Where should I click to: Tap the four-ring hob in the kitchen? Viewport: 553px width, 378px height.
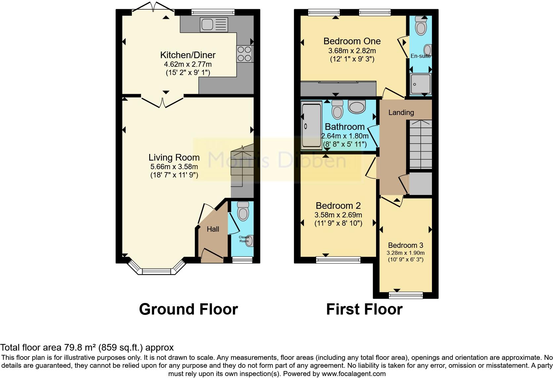(x=244, y=54)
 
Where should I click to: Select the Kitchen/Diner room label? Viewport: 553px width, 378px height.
(x=188, y=55)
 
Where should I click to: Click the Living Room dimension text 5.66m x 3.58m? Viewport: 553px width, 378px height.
(x=174, y=167)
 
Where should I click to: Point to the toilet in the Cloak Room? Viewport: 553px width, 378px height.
(x=243, y=211)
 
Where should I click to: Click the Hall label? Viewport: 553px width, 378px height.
(x=213, y=229)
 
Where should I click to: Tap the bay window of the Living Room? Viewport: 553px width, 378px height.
(x=156, y=271)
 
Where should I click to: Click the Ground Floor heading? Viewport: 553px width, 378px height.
(x=188, y=309)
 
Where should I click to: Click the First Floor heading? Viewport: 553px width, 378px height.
(x=364, y=309)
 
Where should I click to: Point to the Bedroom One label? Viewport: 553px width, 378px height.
(x=352, y=41)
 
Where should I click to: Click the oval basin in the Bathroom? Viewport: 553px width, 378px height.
(x=357, y=107)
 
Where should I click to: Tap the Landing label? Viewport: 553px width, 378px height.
(x=401, y=112)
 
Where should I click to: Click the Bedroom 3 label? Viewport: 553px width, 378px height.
(x=405, y=245)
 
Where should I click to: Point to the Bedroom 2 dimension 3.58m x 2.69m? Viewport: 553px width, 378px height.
(x=338, y=215)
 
